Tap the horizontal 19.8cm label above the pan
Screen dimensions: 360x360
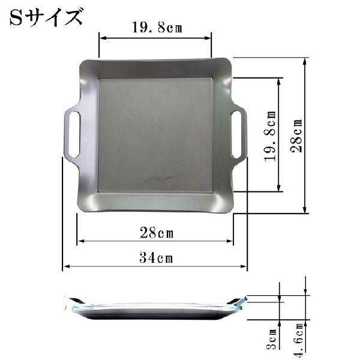click(155, 28)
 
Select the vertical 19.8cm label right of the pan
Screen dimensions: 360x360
click(270, 134)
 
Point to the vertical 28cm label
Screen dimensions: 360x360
click(296, 136)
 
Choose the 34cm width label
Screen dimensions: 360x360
click(155, 258)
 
